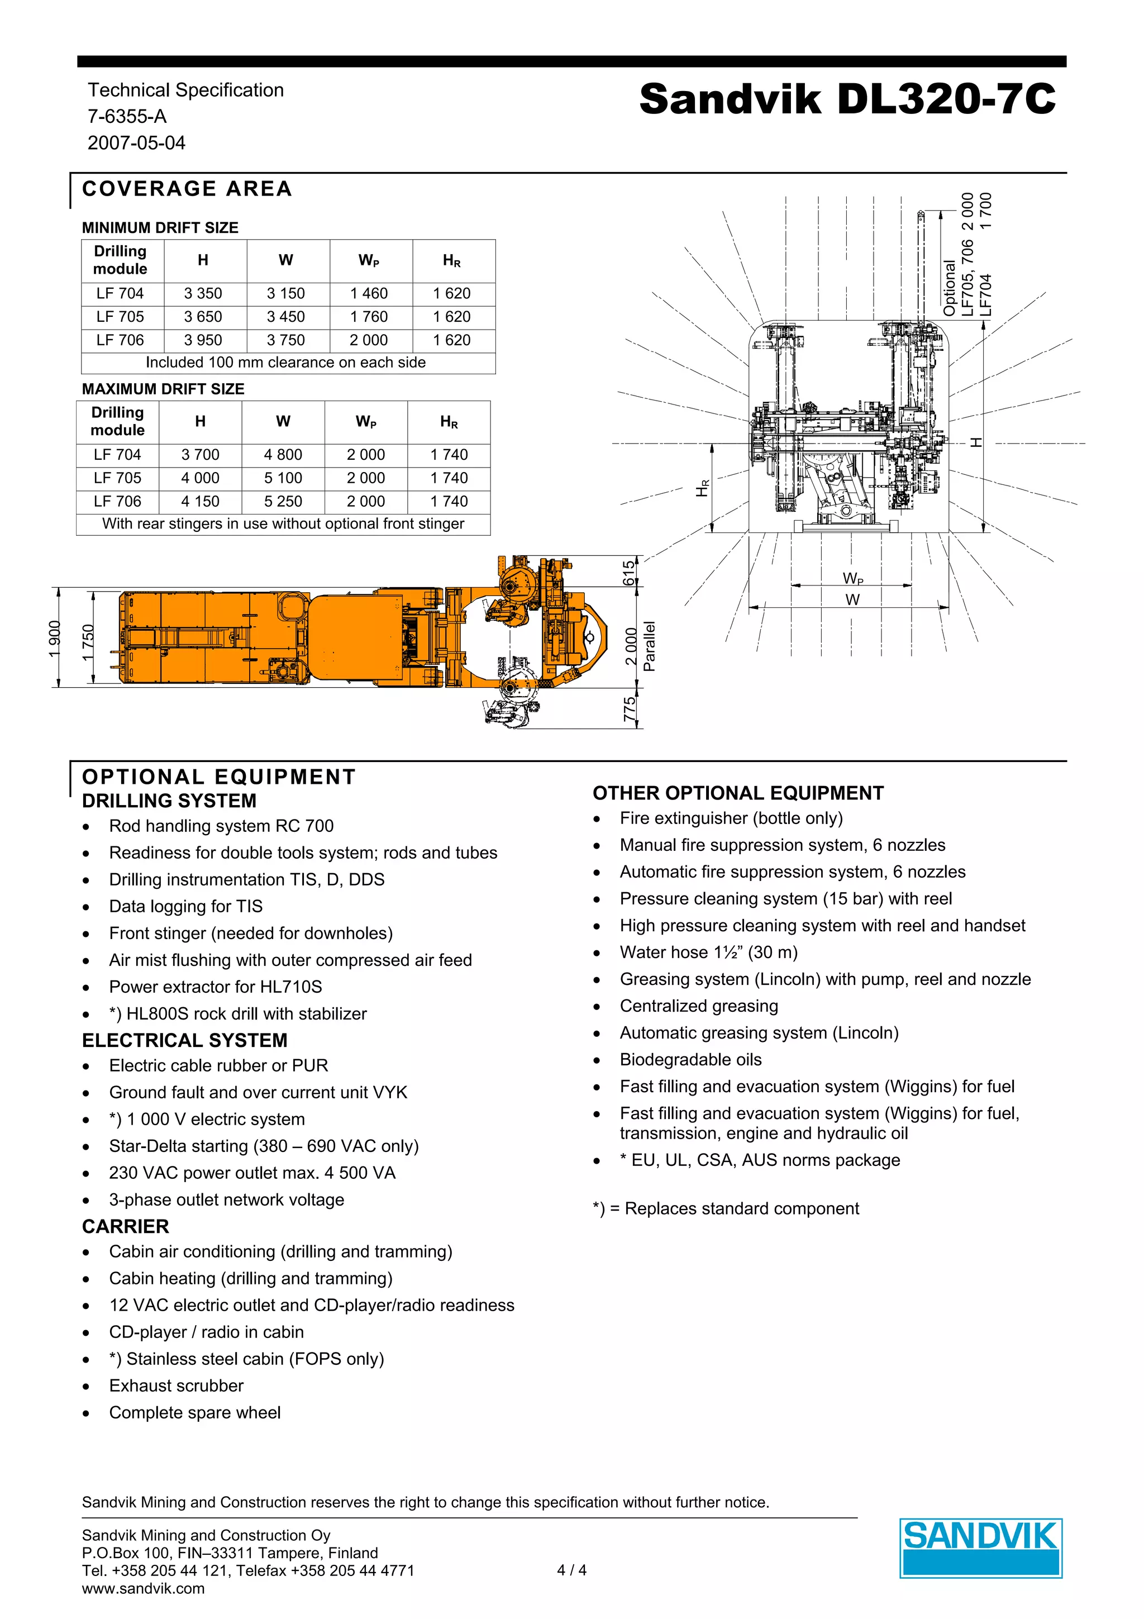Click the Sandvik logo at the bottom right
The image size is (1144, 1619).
pyautogui.click(x=980, y=1547)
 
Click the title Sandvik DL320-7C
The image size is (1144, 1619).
pyautogui.click(x=847, y=99)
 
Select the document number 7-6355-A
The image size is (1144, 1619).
pyautogui.click(x=127, y=116)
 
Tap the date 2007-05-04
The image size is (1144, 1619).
pyautogui.click(x=136, y=142)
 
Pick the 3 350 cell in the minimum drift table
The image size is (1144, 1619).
pyautogui.click(x=203, y=293)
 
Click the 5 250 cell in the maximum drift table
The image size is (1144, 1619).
pyautogui.click(x=283, y=501)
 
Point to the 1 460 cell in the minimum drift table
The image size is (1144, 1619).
pyautogui.click(x=369, y=293)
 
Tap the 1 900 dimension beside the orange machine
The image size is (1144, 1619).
pyautogui.click(x=55, y=637)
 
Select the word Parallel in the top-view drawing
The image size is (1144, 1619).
pyautogui.click(x=649, y=646)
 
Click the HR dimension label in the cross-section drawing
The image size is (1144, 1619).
pyautogui.click(x=702, y=488)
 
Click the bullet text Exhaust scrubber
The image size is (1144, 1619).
pyautogui.click(x=176, y=1385)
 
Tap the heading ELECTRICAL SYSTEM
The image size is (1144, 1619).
pyautogui.click(x=185, y=1040)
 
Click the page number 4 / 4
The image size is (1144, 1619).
pyautogui.click(x=571, y=1570)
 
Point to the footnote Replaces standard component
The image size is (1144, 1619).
pyautogui.click(x=726, y=1208)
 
